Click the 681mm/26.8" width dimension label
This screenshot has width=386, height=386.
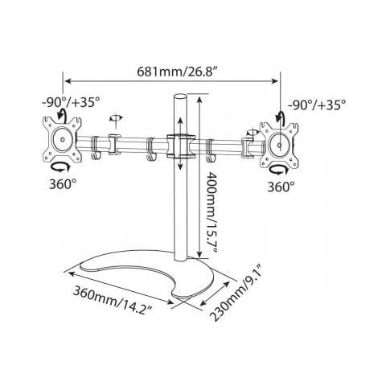click(x=177, y=72)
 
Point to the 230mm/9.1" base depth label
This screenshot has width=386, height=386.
click(x=236, y=293)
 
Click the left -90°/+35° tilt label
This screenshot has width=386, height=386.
click(x=71, y=102)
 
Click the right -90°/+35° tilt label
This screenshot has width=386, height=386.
click(x=317, y=105)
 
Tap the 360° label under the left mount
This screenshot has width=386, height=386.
click(x=63, y=184)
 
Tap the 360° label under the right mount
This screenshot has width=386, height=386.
click(x=281, y=187)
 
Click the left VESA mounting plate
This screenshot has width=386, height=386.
click(x=62, y=139)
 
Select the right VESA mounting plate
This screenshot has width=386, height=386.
click(x=279, y=145)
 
